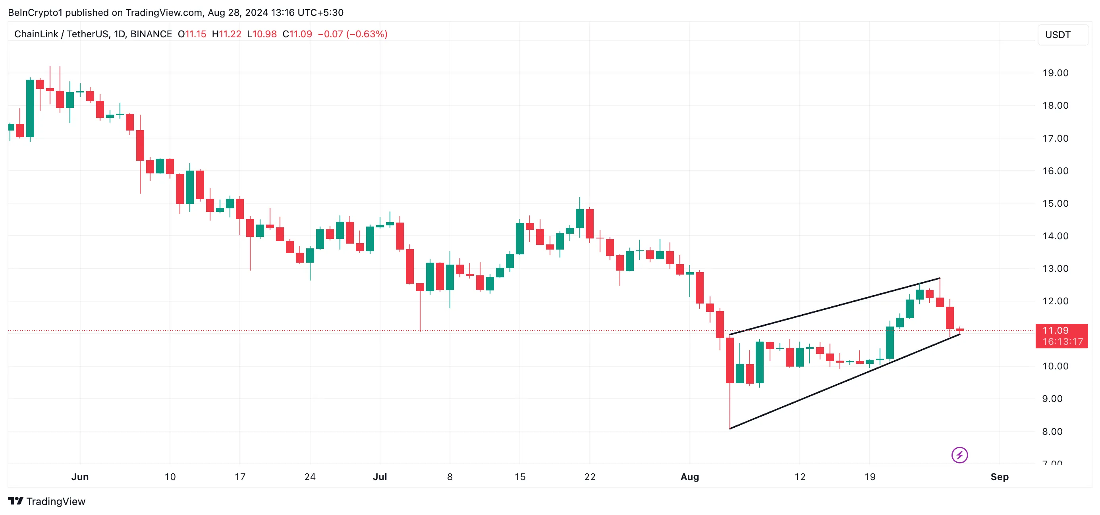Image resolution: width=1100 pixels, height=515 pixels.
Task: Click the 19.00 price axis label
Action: point(1055,73)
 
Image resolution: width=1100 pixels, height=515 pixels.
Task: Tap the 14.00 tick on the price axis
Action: point(1055,236)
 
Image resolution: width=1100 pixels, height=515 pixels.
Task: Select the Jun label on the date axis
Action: point(80,477)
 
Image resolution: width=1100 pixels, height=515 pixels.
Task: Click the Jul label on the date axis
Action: point(380,477)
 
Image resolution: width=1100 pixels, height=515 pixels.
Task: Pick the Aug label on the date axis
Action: point(690,477)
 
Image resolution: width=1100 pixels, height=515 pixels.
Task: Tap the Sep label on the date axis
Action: point(999,477)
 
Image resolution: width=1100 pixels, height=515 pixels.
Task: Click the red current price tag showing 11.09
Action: point(1061,336)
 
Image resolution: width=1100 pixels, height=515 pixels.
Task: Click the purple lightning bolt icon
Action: point(959,455)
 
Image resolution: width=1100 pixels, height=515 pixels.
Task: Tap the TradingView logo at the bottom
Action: point(47,502)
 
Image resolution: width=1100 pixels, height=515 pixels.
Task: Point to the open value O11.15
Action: point(192,34)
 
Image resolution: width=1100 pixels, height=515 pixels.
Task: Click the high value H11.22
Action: point(227,34)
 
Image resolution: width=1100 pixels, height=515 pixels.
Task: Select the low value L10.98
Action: point(262,34)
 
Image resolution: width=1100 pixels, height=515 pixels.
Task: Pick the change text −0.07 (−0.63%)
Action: point(353,34)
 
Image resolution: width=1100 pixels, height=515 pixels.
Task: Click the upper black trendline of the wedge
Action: point(835,306)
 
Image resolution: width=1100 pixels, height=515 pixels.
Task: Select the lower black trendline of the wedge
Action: point(845,381)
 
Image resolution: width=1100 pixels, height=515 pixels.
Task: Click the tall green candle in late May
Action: point(30,108)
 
